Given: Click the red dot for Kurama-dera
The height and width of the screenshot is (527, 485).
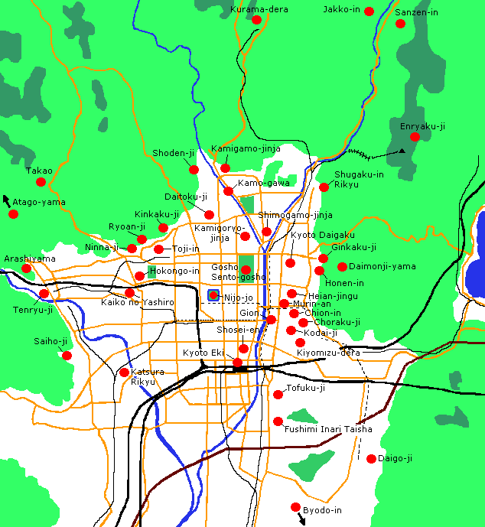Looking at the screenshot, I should coord(257,21).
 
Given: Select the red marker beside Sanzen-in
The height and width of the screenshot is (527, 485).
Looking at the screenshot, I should coord(400,24).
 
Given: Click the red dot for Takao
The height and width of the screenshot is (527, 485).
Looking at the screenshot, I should coord(41,182).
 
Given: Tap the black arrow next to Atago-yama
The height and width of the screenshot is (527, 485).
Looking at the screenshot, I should coord(7,200).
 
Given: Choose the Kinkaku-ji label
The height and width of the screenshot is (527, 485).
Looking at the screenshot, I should coord(157,214).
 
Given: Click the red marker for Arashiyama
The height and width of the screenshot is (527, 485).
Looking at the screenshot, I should coord(27,268).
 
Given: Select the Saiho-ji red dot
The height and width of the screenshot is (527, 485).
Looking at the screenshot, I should coord(67,355).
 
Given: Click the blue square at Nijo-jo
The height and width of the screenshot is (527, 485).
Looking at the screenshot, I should coord(213,295).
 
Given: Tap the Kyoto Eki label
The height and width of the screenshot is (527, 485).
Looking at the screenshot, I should coord(202,353).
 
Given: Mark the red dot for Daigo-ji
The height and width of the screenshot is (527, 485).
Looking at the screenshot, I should coord(372,459).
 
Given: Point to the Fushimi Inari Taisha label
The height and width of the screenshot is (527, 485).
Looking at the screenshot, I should coord(328,429).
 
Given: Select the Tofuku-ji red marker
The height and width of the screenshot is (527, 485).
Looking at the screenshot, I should coord(278,394).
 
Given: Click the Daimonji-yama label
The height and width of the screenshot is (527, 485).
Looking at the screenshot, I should coord(382,266).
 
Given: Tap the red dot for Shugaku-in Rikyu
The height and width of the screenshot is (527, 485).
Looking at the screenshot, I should coord(324,187).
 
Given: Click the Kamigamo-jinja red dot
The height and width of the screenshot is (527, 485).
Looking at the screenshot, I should coord(225,168).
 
